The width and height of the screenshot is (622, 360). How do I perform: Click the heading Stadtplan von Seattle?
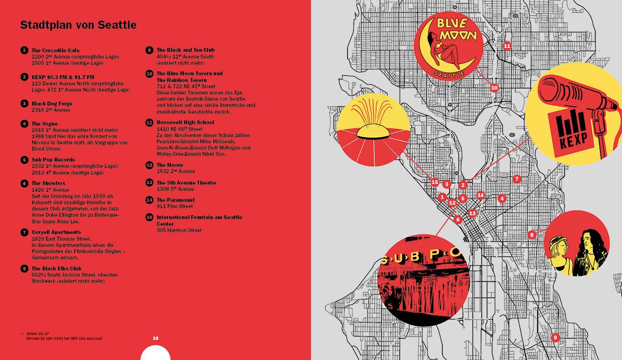click(x=78, y=25)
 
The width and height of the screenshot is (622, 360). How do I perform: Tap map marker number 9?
click(x=555, y=337)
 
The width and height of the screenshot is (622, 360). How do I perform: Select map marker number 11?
click(x=507, y=46)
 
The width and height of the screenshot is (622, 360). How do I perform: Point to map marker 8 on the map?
click(x=531, y=235)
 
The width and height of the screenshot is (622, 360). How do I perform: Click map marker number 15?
click(x=435, y=182)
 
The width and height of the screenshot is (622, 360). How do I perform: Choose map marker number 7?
click(x=516, y=179)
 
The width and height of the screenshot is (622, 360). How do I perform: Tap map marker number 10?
click(x=495, y=88)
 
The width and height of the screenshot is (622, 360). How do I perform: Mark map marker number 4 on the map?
click(x=502, y=198)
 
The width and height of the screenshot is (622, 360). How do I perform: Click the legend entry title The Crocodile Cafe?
click(x=56, y=50)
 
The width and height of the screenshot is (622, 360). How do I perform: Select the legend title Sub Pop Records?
click(x=53, y=160)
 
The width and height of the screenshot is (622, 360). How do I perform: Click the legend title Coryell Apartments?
click(x=56, y=232)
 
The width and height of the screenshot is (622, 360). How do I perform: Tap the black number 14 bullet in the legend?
click(x=149, y=200)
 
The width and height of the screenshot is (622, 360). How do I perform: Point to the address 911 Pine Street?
click(x=174, y=206)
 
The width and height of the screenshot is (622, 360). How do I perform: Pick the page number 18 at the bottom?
click(x=155, y=338)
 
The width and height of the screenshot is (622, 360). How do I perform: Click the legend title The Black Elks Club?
click(x=56, y=268)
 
